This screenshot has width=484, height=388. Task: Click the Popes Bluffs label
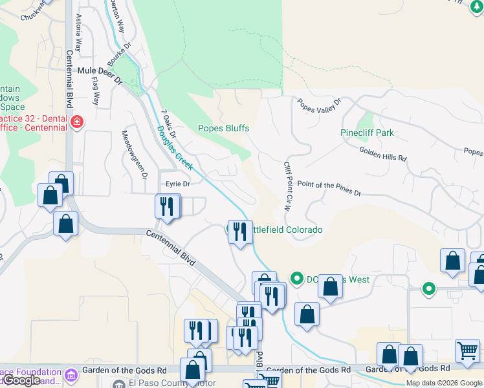[223, 128]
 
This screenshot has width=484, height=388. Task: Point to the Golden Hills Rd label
[383, 154]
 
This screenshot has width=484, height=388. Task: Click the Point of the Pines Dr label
[329, 188]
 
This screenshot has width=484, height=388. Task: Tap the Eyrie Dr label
[177, 184]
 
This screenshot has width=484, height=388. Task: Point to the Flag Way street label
[96, 91]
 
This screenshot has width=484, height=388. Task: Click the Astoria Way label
[79, 32]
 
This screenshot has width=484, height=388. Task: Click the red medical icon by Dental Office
[77, 122]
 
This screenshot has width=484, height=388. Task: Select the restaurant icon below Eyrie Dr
[167, 206]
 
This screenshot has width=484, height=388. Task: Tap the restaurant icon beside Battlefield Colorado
[240, 230]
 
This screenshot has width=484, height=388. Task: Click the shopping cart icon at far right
[467, 350]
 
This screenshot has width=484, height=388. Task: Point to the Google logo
[22, 380]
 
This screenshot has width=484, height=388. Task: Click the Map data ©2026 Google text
[444, 383]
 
